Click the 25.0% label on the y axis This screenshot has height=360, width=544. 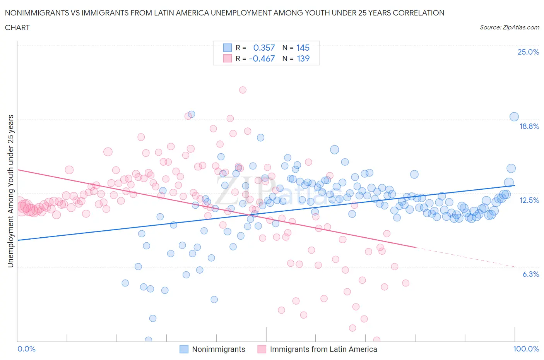tap(528, 52)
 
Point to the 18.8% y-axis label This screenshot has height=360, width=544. tap(529, 126)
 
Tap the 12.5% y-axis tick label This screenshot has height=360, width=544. tap(529, 200)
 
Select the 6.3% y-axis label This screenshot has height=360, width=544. tap(530, 274)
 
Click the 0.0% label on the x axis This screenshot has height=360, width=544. tap(27, 349)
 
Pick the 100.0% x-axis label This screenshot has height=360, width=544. tap(526, 349)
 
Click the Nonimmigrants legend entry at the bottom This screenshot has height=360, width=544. tap(219, 349)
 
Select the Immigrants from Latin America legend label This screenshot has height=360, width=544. tap(323, 349)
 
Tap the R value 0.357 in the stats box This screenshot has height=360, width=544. tap(264, 48)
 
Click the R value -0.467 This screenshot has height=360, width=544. tap(262, 58)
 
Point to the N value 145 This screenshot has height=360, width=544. tap(303, 48)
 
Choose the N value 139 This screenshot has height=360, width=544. tap(303, 58)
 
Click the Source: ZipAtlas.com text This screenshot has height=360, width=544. tap(509, 27)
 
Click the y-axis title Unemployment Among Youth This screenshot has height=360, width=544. tap(11, 191)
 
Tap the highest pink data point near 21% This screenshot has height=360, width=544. tap(243, 90)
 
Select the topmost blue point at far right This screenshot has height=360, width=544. tap(514, 117)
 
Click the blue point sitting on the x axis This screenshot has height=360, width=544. tap(148, 340)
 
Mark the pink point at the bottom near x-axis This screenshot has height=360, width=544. tap(376, 340)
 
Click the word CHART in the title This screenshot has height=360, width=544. tap(17, 27)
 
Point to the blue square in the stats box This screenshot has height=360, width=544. tap(227, 48)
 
